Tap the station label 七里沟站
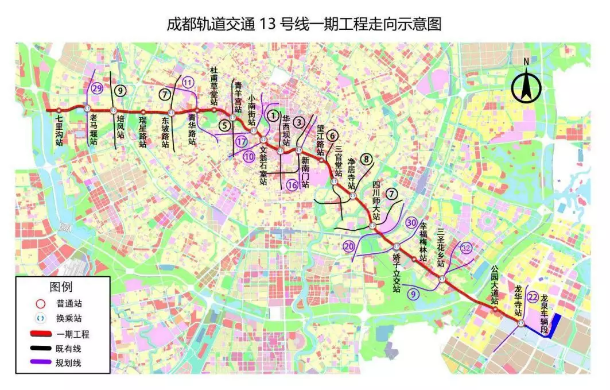click(x=59, y=131)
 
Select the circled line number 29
click(x=97, y=89)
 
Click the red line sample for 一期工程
click(x=38, y=333)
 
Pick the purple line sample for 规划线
click(x=38, y=363)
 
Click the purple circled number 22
click(x=533, y=296)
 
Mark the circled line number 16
click(x=292, y=185)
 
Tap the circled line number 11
click(x=188, y=82)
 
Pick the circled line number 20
click(x=349, y=246)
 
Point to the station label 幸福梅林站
click(x=423, y=242)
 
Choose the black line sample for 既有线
click(x=38, y=348)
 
